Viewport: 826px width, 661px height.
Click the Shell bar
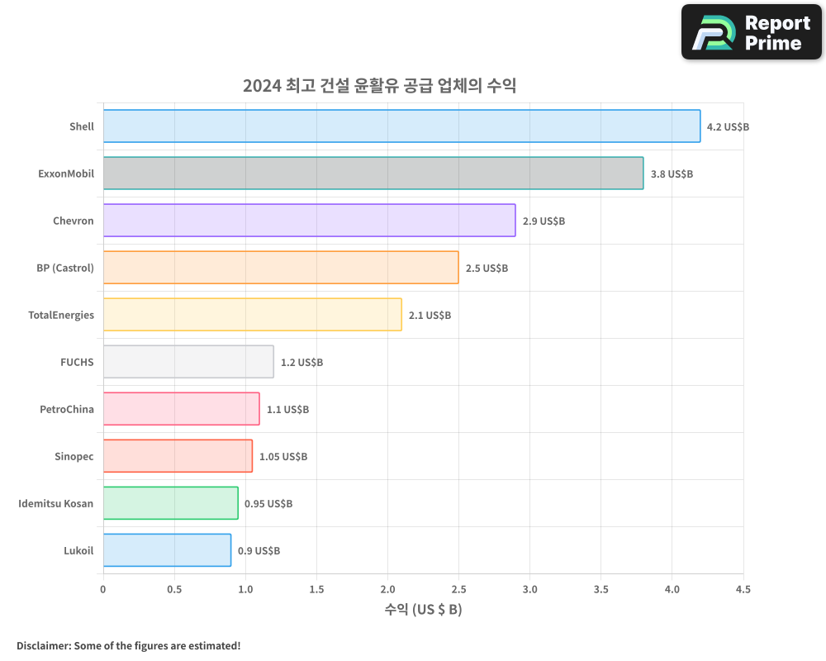tap(401, 126)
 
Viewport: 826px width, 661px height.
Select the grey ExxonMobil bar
tap(373, 174)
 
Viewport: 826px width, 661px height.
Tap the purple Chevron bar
tap(309, 221)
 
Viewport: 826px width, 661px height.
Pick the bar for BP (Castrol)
tap(281, 268)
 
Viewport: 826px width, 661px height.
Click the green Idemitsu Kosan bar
tap(170, 503)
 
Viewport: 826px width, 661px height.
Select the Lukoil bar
tap(167, 550)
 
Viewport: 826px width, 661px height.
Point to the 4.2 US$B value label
tap(728, 127)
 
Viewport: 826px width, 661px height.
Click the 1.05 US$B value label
tap(283, 457)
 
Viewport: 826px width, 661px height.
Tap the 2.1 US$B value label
tap(430, 316)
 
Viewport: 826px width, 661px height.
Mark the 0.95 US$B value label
tap(268, 504)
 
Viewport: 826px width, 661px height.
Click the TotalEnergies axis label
tap(61, 315)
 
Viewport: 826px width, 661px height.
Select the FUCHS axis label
tap(77, 362)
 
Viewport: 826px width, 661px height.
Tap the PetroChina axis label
tap(67, 409)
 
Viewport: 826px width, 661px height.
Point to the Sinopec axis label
tap(74, 456)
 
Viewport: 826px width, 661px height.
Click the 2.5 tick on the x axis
tap(458, 590)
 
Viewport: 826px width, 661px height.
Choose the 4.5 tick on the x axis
tap(743, 590)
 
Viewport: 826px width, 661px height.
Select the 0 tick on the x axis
tap(103, 590)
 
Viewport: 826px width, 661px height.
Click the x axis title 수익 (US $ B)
tap(423, 610)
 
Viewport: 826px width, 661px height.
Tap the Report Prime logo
tap(751, 32)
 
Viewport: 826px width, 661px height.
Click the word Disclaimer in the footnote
tap(42, 645)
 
